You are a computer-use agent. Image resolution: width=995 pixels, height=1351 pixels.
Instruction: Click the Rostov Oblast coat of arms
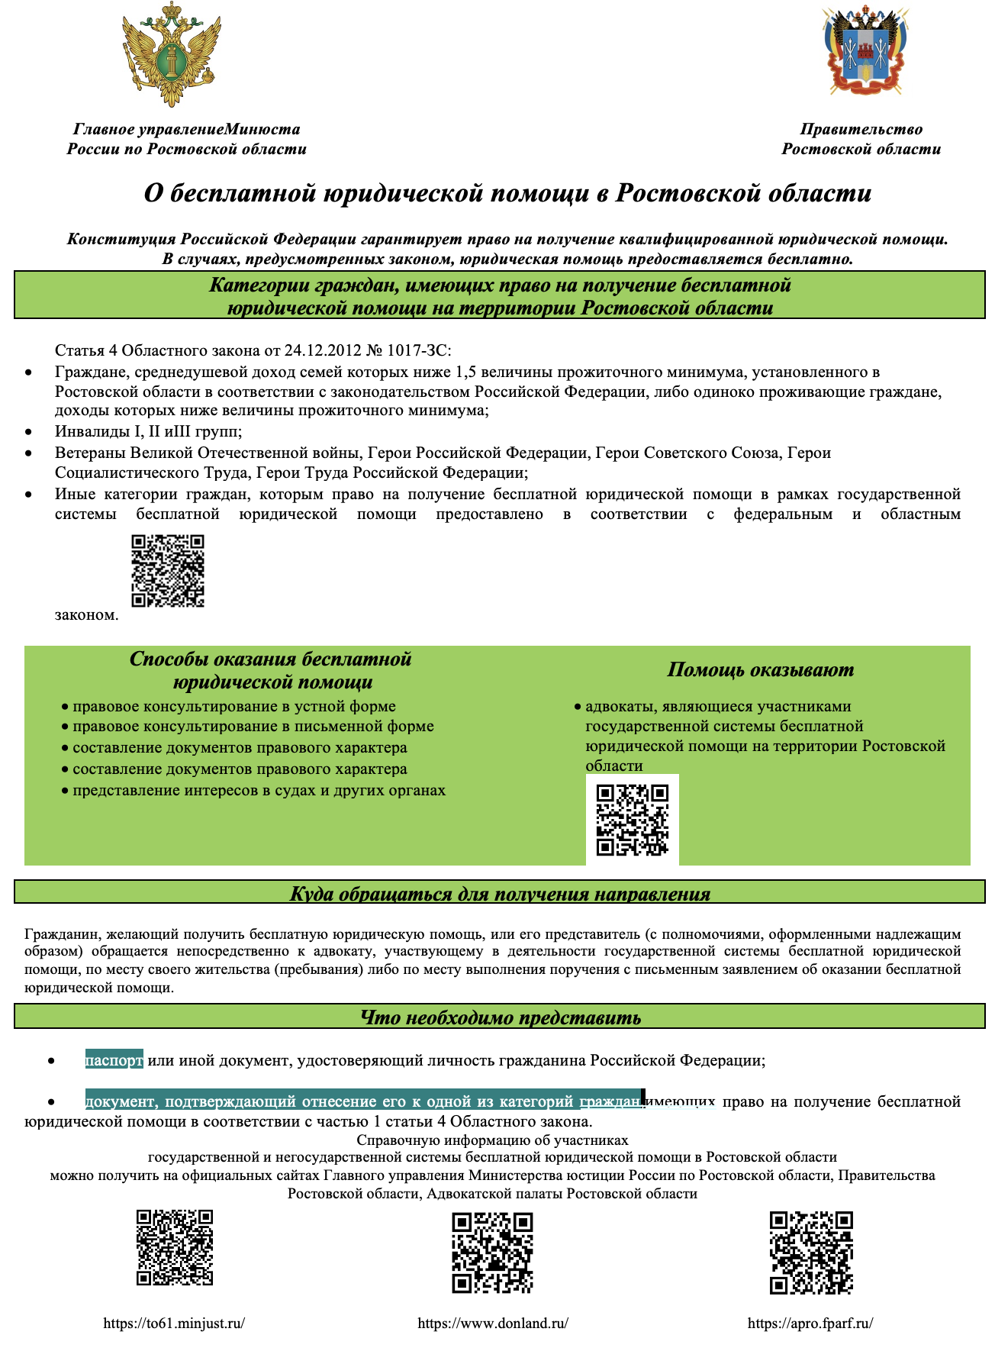coord(866,50)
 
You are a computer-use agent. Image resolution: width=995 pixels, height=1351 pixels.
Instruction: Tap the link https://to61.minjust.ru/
coord(174,1323)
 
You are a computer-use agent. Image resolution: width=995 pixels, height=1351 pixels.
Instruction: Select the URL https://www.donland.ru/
coord(493,1323)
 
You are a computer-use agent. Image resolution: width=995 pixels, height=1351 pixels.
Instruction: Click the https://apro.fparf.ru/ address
coord(810,1323)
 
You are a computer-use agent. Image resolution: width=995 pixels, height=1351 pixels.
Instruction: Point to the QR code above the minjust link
coord(175,1247)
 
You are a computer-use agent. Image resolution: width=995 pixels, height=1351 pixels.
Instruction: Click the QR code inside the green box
coord(633,820)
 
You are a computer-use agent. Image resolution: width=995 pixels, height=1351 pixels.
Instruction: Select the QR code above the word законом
coord(168,571)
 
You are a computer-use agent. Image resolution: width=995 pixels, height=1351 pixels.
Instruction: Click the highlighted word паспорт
coord(114,1060)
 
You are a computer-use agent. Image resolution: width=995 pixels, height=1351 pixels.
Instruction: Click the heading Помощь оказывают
coord(760,670)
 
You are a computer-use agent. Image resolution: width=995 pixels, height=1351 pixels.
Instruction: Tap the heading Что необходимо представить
coord(500,1017)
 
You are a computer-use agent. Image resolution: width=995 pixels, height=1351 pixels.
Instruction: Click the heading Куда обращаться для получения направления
coord(500,894)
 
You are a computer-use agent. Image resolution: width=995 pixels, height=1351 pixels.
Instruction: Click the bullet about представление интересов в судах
coord(259,791)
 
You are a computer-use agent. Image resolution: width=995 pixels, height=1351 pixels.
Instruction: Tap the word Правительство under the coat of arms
coord(861,130)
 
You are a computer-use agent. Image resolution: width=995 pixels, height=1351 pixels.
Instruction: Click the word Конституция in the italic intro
coord(114,240)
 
